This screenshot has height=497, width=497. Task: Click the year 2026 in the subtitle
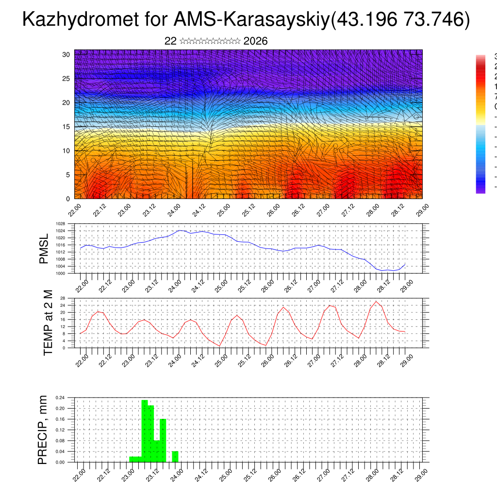tap(255, 41)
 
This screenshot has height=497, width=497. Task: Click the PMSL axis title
tap(44, 249)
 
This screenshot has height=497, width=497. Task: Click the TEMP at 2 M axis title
tap(48, 323)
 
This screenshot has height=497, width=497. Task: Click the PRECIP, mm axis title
tap(43, 430)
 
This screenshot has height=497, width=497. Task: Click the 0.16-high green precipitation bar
tap(163, 440)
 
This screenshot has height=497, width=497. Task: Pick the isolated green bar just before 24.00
tap(175, 457)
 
